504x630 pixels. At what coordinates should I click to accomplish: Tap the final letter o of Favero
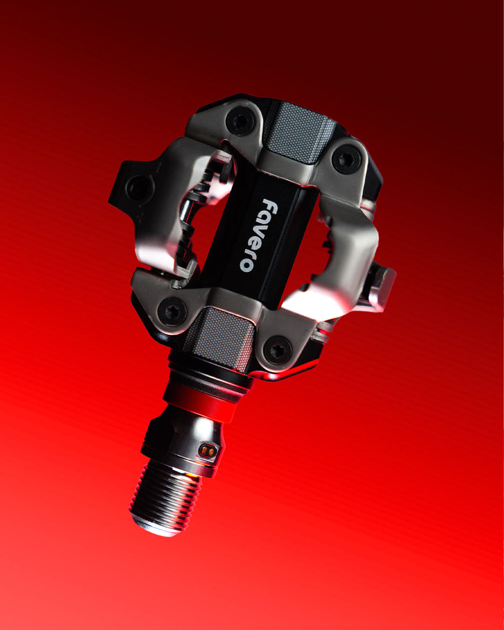(x=246, y=265)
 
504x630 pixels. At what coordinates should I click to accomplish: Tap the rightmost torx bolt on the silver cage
(x=346, y=159)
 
